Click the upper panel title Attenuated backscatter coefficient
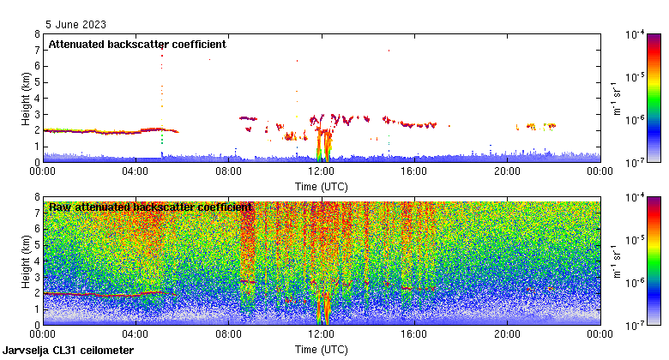point(137,45)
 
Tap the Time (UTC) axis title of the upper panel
point(322,185)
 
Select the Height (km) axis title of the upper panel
point(26,98)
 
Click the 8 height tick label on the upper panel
point(37,34)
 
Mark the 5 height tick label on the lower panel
point(37,244)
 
